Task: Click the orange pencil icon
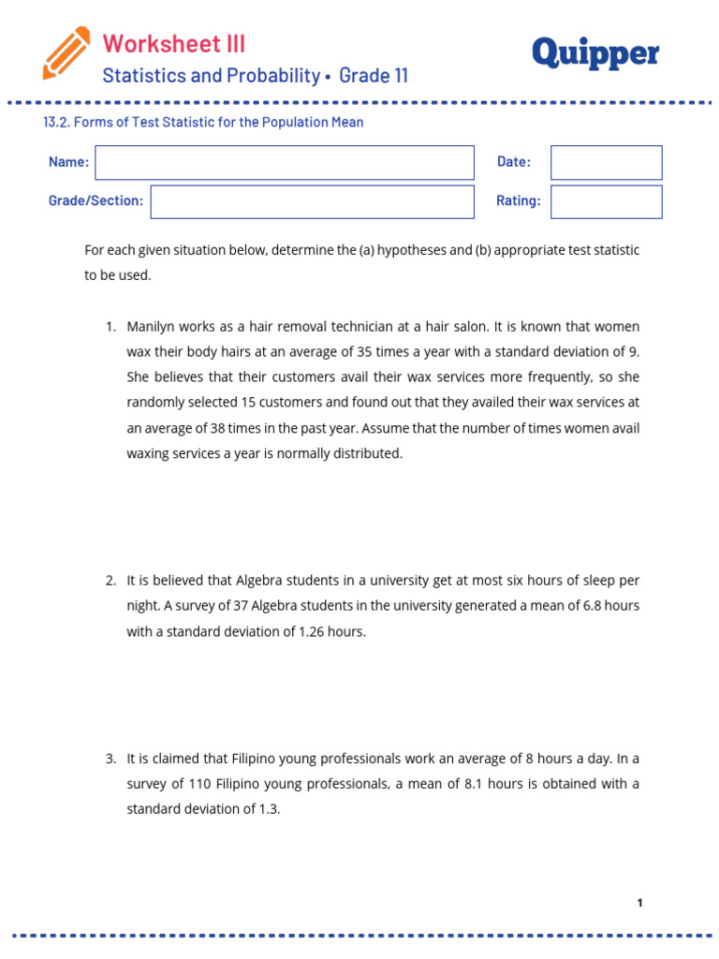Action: click(x=66, y=53)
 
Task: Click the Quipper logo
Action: click(x=595, y=53)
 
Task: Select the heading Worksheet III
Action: click(x=173, y=43)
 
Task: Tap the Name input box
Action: click(x=285, y=162)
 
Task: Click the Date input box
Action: click(x=606, y=162)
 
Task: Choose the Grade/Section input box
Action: click(x=312, y=201)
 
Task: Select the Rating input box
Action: click(x=606, y=201)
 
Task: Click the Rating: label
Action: click(x=519, y=201)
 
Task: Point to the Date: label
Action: click(x=514, y=162)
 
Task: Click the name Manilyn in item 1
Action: click(x=154, y=327)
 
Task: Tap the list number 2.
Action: click(x=110, y=581)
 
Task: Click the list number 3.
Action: click(x=110, y=759)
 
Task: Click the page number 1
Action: click(x=639, y=903)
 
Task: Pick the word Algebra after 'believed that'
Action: click(x=258, y=581)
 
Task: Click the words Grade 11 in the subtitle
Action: click(x=374, y=76)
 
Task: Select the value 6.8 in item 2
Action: click(x=594, y=606)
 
